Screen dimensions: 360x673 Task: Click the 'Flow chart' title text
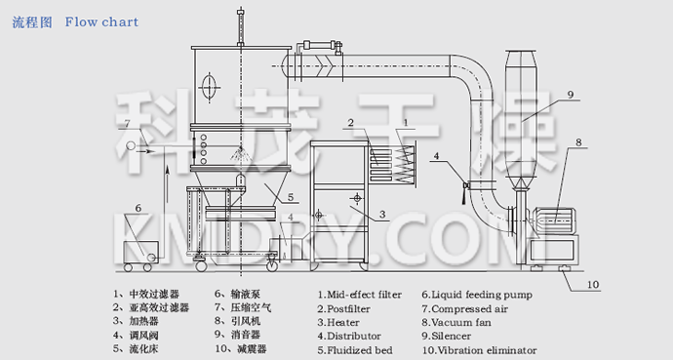click(x=101, y=21)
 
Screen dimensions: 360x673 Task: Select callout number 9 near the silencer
click(x=569, y=94)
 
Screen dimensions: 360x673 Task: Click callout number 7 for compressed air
click(x=127, y=123)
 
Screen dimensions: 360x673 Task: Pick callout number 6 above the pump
click(x=139, y=208)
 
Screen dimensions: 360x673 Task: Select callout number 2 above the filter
click(x=347, y=124)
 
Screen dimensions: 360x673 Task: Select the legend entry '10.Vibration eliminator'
click(x=479, y=348)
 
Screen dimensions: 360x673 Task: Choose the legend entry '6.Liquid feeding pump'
click(x=475, y=293)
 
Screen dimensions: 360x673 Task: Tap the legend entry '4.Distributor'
click(x=351, y=335)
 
